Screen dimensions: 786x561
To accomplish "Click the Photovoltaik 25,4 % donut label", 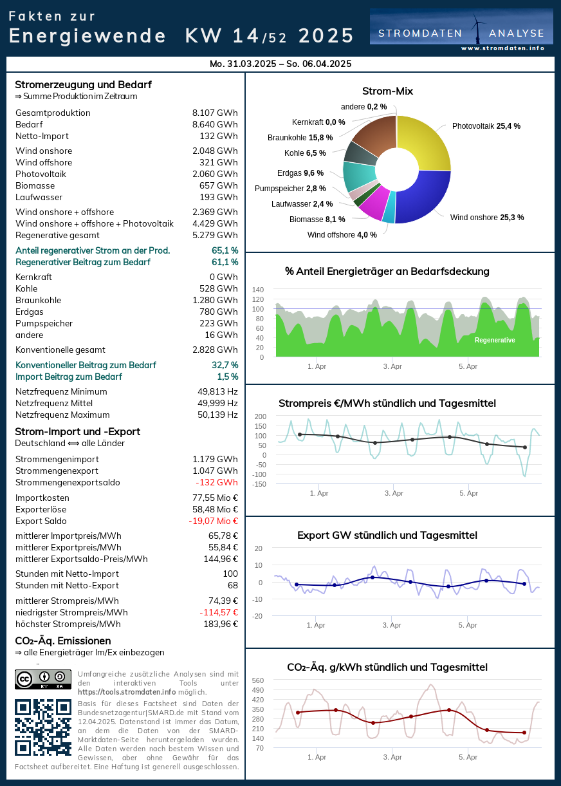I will [486, 126].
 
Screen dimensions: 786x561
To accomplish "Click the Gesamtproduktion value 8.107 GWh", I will [215, 113].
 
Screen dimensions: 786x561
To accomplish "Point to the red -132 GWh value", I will [217, 483].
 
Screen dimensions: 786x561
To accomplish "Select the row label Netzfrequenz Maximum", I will [62, 415].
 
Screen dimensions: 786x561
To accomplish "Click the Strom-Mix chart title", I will [387, 91].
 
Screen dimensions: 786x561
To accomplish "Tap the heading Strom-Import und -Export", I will [77, 432].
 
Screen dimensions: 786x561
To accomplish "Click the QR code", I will [43, 727].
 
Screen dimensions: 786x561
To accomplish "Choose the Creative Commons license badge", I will [43, 680].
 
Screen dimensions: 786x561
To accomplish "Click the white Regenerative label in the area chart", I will [495, 340].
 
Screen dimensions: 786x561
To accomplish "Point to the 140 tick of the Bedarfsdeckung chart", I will [258, 290].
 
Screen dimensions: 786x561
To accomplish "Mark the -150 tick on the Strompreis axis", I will [260, 484].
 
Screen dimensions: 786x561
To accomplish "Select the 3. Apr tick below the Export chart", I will [392, 625].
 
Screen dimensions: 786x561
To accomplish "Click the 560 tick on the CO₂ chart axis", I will [258, 680].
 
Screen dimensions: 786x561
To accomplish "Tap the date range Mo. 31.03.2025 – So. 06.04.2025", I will [280, 64].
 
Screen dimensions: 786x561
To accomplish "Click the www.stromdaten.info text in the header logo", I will [502, 48].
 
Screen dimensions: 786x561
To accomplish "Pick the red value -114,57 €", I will [219, 613].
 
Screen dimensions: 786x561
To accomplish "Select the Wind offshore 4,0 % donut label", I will [342, 235].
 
